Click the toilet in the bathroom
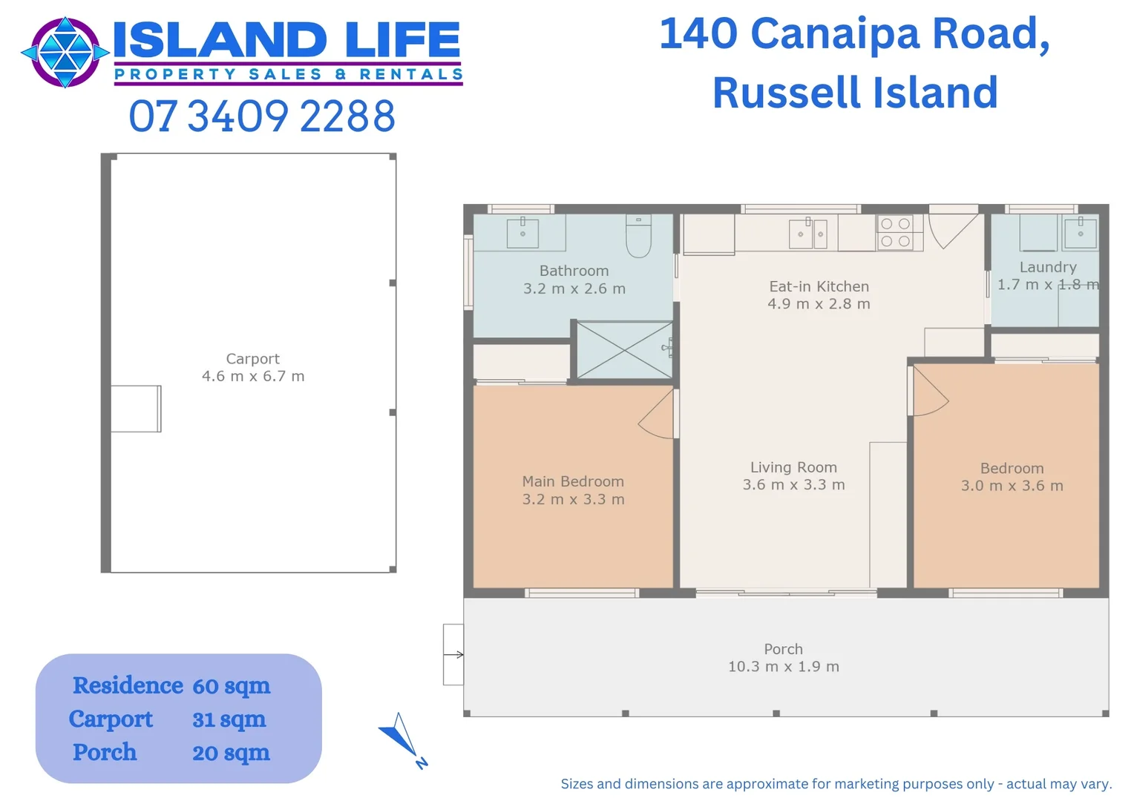(638, 236)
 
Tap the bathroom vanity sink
(522, 233)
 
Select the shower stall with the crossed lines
(625, 350)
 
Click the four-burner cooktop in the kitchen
(895, 233)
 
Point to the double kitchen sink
(808, 234)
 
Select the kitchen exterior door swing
(953, 231)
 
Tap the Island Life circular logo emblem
(65, 52)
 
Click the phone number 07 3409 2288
(262, 116)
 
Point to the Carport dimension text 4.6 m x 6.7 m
(253, 377)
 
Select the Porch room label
(783, 649)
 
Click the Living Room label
(793, 467)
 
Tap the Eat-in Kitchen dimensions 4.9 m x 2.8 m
(819, 303)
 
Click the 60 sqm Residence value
(232, 686)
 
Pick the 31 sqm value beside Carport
(229, 719)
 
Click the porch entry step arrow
(453, 654)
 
